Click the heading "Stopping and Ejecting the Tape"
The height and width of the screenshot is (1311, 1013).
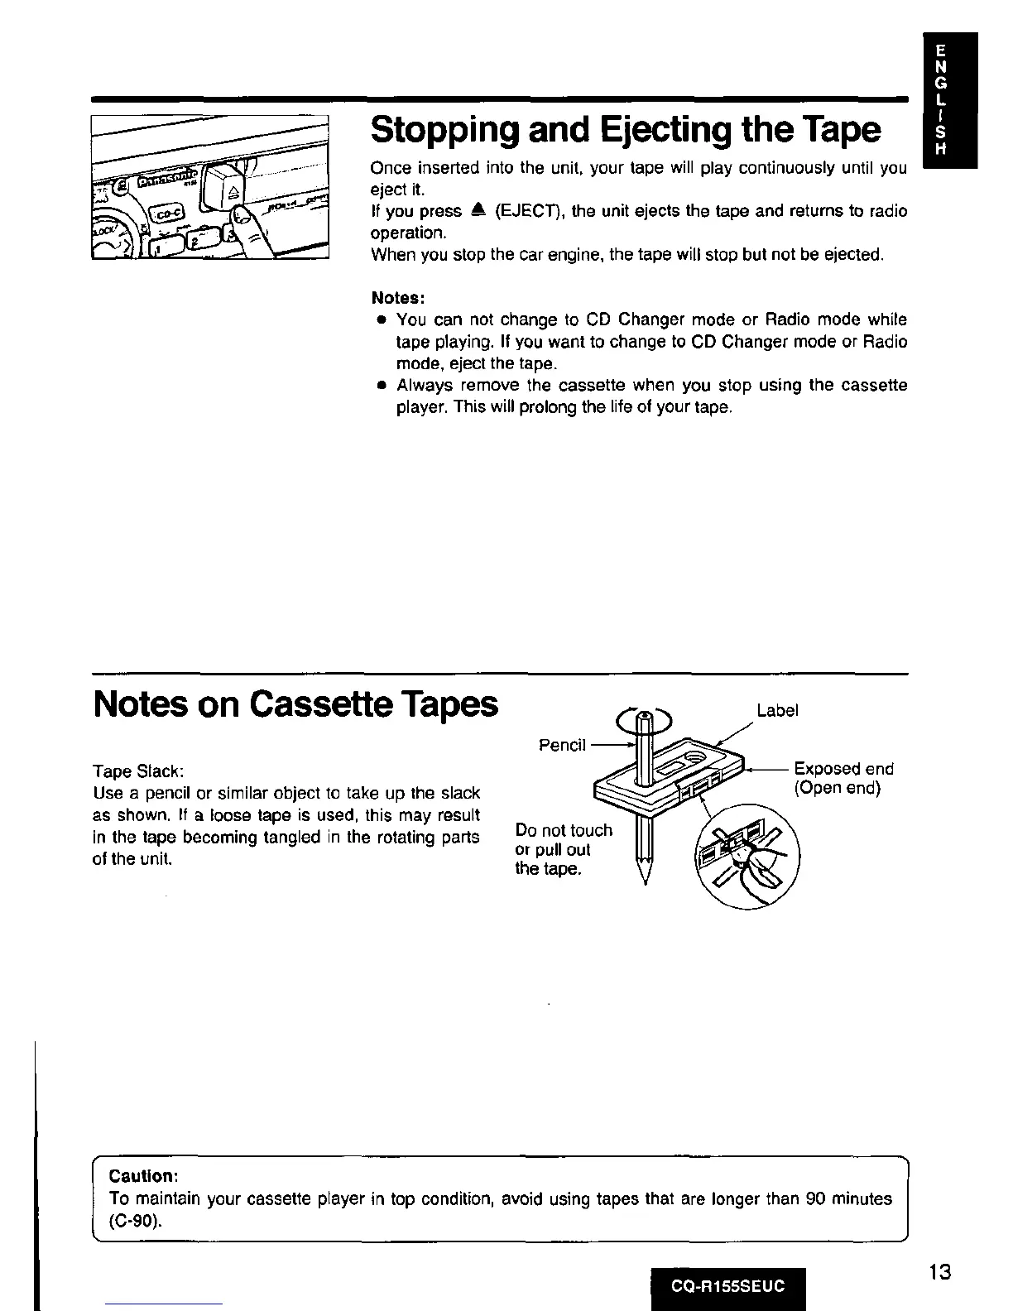(x=626, y=129)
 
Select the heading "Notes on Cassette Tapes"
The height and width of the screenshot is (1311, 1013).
(x=296, y=704)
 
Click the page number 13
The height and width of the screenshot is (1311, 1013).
(x=939, y=1271)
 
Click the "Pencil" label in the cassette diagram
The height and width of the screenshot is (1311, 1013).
(x=562, y=745)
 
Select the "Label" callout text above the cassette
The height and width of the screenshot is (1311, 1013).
(x=777, y=710)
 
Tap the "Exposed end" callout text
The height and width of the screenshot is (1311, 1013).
(x=843, y=769)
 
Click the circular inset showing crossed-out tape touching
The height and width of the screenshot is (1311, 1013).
(x=748, y=857)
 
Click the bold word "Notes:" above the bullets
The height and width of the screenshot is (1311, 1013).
(x=398, y=297)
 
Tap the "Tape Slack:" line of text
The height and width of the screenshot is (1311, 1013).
(x=137, y=771)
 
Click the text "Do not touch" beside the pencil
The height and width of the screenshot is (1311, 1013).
(x=564, y=830)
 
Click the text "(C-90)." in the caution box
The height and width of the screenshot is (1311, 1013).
(x=136, y=1221)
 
